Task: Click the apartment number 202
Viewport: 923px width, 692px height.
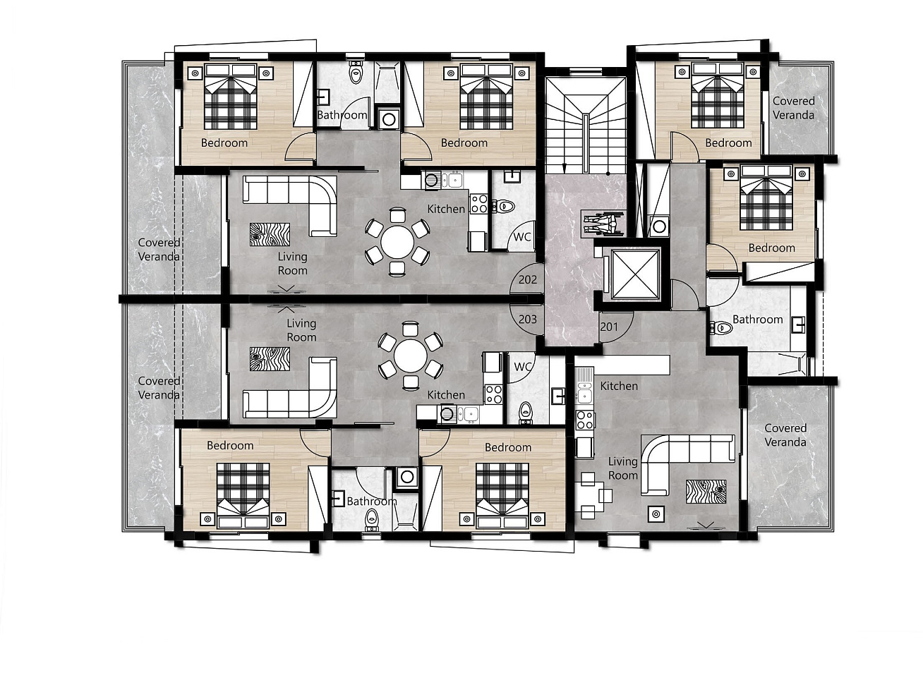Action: click(x=527, y=279)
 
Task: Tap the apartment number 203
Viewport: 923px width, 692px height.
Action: click(x=527, y=320)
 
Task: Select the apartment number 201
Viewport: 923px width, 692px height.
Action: click(x=609, y=327)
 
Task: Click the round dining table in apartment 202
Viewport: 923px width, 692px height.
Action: click(x=397, y=243)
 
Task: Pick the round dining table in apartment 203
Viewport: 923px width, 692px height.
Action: click(x=411, y=356)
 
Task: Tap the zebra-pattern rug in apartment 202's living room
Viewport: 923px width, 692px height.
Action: click(x=270, y=234)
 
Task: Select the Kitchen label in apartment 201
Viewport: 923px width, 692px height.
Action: click(x=619, y=386)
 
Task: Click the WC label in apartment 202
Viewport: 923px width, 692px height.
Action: click(x=522, y=237)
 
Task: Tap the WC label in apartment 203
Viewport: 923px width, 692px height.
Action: click(x=522, y=367)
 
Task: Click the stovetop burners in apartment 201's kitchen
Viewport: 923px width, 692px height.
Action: click(x=585, y=420)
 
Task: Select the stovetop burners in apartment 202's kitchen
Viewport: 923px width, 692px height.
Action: click(x=478, y=203)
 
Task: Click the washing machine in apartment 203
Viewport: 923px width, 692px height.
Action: click(x=406, y=476)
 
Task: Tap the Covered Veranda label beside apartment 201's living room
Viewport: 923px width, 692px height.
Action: click(x=785, y=435)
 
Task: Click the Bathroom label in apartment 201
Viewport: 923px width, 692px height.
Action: click(x=757, y=320)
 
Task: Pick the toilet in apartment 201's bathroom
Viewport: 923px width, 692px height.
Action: click(x=721, y=327)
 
